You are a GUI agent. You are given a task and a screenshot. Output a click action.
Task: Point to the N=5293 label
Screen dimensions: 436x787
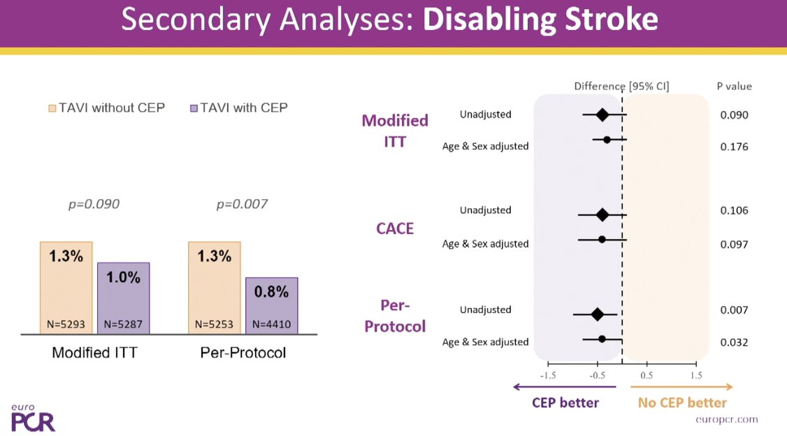65,324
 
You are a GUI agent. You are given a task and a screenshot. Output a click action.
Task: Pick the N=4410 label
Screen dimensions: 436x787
271,324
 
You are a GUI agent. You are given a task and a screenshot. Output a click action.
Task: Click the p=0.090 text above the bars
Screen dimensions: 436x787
94,205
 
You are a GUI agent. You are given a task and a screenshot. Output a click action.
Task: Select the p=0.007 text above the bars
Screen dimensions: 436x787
242,205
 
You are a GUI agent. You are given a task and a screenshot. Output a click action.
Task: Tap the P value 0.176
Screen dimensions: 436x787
734,147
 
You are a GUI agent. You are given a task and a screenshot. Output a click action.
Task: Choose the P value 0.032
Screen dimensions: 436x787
734,342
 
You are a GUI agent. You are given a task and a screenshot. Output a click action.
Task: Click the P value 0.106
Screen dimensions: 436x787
734,210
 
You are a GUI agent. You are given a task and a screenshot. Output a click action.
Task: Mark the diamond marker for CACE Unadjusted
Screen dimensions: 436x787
602,215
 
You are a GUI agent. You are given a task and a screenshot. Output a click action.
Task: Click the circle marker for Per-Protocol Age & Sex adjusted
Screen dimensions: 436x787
602,339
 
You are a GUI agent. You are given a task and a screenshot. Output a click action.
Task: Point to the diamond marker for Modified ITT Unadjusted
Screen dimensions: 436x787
602,115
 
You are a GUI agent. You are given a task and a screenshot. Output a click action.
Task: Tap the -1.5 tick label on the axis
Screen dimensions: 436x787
547,375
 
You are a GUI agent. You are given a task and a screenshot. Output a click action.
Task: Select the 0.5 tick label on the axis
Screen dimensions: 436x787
647,375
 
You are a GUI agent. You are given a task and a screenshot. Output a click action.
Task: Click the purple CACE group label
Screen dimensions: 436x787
394,228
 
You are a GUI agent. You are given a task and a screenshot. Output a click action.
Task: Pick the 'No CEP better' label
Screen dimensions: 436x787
682,402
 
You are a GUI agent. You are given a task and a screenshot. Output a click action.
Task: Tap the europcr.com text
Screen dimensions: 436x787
727,419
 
